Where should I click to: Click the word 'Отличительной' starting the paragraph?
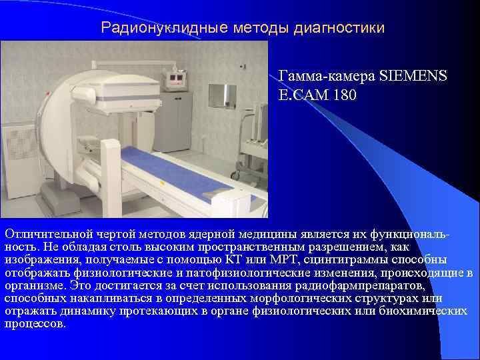point(45,234)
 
